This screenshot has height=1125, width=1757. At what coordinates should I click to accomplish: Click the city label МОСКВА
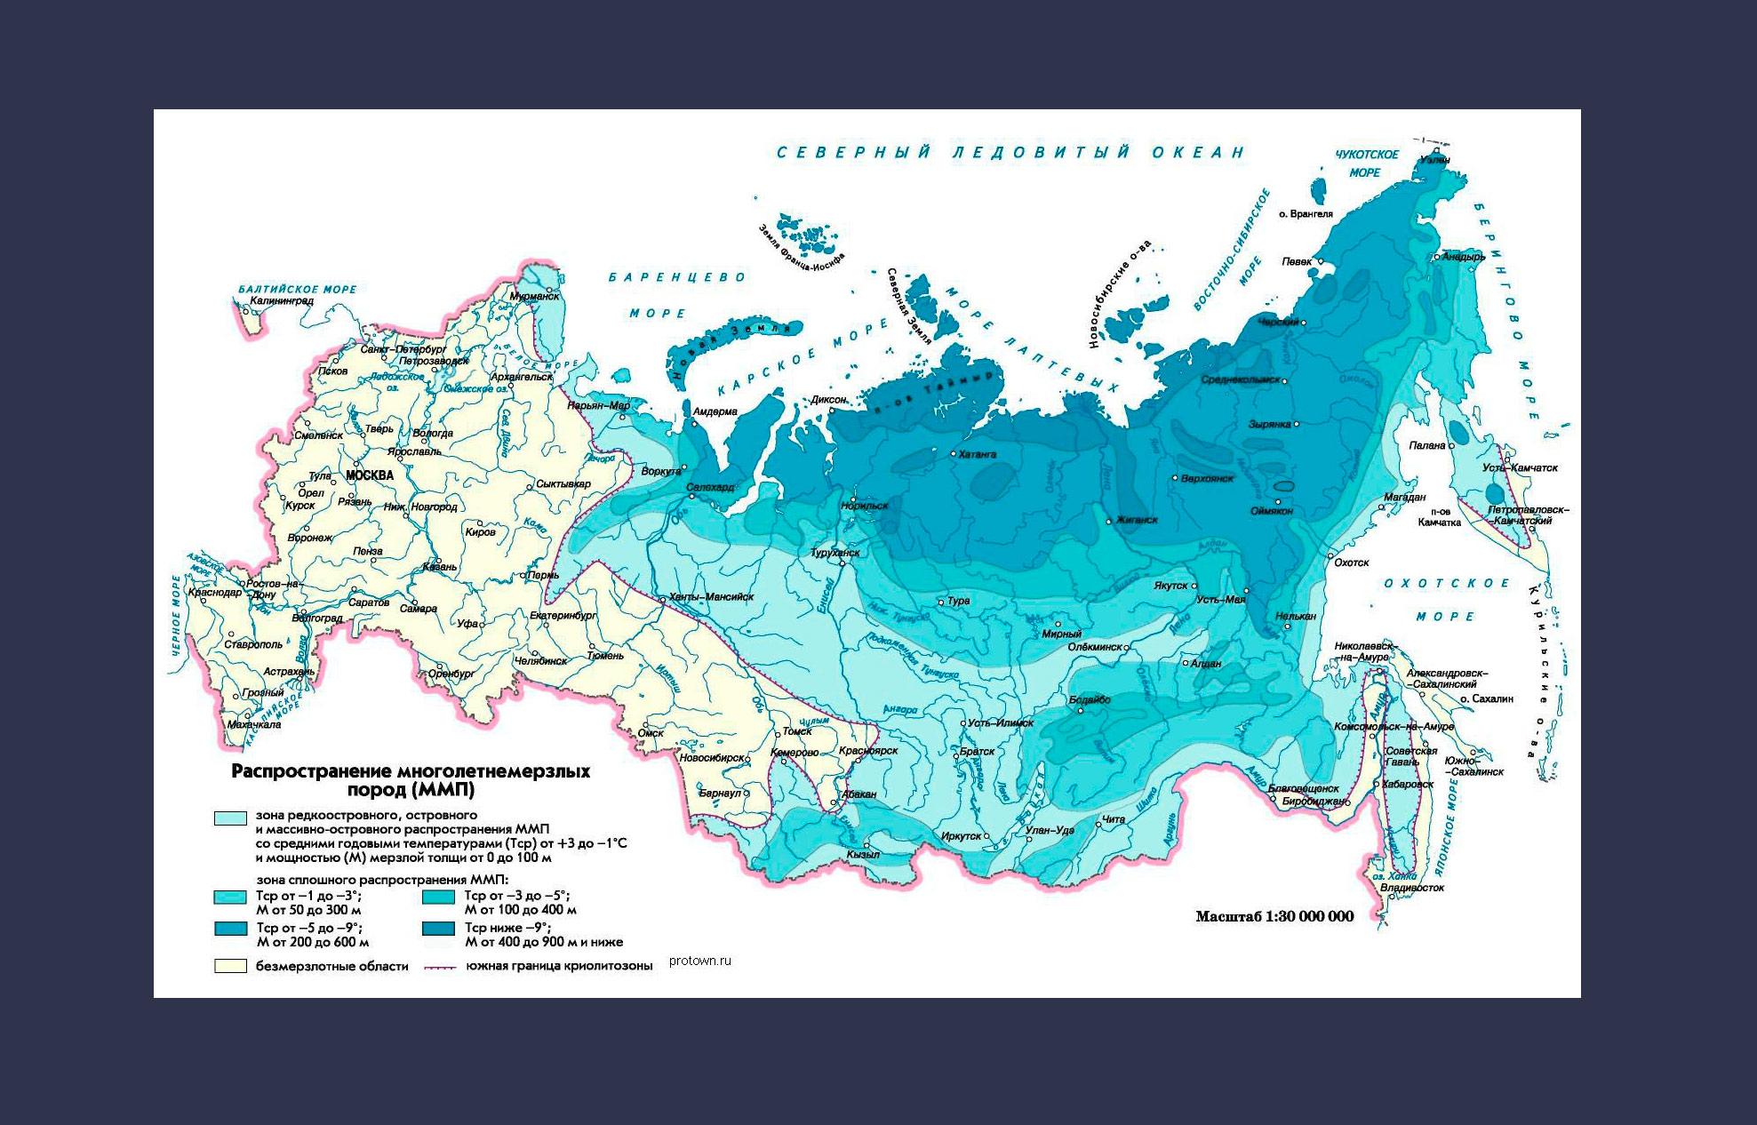[x=370, y=475]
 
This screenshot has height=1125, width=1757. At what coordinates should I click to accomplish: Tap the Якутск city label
[x=1170, y=586]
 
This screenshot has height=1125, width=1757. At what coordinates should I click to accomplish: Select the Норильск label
[x=866, y=506]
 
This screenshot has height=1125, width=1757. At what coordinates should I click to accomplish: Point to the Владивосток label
[x=1414, y=887]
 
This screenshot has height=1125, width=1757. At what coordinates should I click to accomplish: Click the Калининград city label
[x=282, y=301]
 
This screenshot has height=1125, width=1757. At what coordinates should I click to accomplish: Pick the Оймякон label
[x=1271, y=511]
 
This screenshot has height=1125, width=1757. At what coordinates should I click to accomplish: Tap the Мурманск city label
[x=534, y=296]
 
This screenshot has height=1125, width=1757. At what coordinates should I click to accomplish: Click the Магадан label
[x=1404, y=497]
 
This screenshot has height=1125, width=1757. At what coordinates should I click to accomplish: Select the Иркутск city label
[x=961, y=836]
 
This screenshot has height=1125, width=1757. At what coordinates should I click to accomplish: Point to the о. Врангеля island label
[x=1306, y=214]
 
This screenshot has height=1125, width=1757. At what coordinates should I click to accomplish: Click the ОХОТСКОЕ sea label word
[x=1447, y=584]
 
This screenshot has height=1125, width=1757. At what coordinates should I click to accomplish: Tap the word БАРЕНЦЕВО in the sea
[x=677, y=278]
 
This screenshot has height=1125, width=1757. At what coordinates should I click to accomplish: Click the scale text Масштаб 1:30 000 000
[x=1274, y=916]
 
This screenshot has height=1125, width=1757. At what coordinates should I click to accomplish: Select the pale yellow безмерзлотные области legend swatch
[x=230, y=966]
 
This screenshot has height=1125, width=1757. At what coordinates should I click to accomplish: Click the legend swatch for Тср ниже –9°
[x=438, y=929]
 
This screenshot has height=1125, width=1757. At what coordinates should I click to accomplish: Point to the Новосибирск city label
[x=711, y=758]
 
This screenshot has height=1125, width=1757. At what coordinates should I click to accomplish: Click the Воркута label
[x=660, y=471]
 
